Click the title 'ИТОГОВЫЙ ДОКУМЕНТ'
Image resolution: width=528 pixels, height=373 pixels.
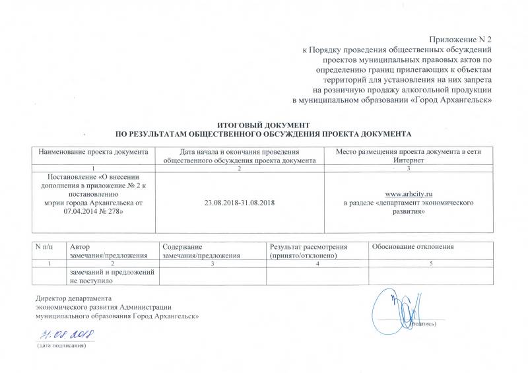click(263, 125)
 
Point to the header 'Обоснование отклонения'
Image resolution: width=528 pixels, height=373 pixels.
click(414, 246)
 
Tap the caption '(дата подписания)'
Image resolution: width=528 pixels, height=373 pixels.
click(61, 345)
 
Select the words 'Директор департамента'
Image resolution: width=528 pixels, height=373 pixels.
click(74, 298)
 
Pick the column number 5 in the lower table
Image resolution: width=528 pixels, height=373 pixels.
click(431, 263)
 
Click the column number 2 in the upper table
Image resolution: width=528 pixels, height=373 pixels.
click(240, 169)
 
